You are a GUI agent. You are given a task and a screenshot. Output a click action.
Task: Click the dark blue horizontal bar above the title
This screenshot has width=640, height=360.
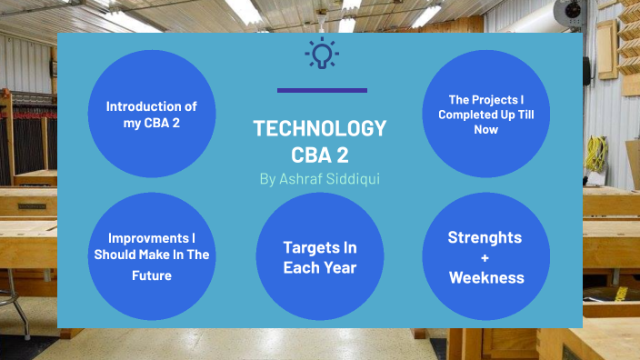(322, 90)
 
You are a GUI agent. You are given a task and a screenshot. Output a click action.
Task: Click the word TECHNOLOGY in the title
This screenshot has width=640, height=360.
(320, 128)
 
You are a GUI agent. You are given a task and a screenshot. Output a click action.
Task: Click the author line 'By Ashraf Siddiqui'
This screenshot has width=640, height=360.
(320, 179)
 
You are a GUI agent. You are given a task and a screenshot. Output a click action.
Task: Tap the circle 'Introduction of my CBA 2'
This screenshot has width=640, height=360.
(151, 114)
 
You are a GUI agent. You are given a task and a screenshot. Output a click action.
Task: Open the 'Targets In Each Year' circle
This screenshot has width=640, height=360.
(319, 257)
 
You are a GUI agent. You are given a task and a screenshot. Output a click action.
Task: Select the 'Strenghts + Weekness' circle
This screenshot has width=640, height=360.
(485, 257)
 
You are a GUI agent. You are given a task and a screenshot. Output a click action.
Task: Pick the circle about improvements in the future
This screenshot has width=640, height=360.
(151, 257)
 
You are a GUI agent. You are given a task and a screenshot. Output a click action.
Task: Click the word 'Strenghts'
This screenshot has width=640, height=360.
(485, 237)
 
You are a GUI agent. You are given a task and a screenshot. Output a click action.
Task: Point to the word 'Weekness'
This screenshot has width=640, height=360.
(486, 277)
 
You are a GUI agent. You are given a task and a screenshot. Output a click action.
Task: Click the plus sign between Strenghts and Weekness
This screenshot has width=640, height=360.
(485, 257)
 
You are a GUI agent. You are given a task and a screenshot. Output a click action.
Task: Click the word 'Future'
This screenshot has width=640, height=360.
(151, 275)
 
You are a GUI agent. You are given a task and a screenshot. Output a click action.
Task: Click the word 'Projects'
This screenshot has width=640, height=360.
(490, 99)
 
